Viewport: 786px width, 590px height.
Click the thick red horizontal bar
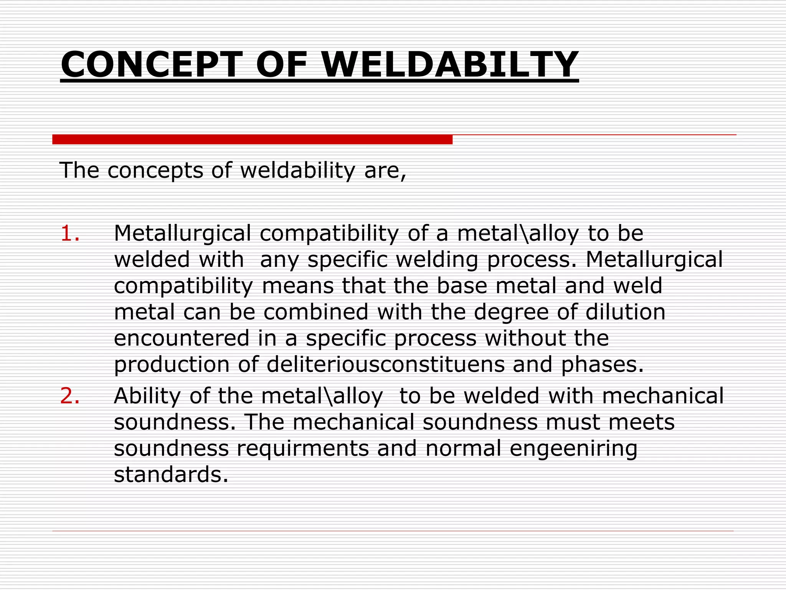(x=252, y=139)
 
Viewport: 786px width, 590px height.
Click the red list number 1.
(x=70, y=233)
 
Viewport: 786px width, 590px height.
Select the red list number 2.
(x=70, y=396)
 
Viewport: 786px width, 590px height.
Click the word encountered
(x=182, y=338)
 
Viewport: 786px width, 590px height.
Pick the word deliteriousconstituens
(x=385, y=364)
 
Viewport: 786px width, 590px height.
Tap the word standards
(x=171, y=474)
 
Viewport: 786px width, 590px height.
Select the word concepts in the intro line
(x=155, y=171)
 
